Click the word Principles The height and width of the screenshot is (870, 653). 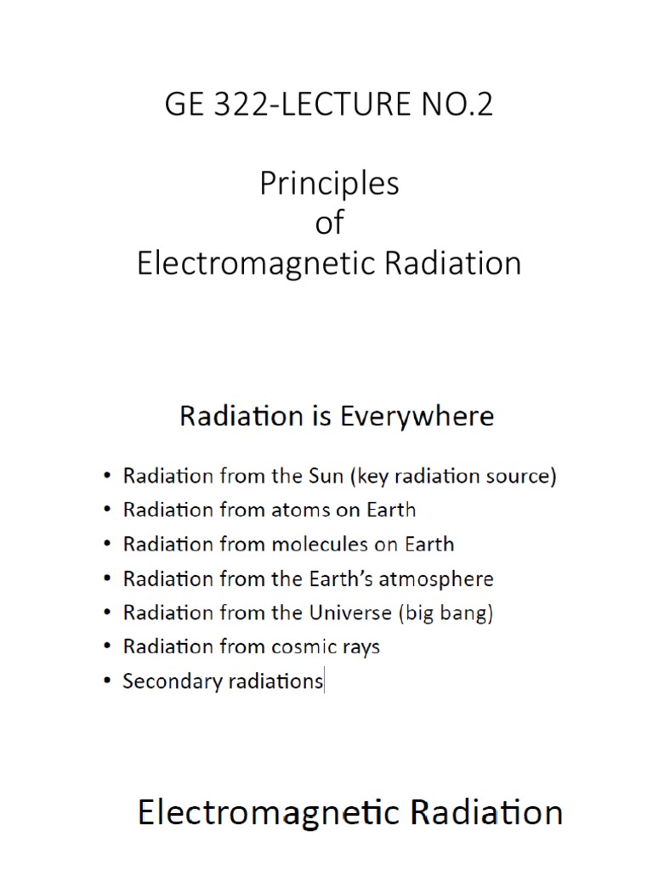pos(329,184)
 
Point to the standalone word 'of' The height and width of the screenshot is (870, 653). pos(329,223)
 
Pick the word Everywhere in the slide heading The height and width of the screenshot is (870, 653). pos(417,416)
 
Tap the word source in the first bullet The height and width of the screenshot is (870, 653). pos(521,476)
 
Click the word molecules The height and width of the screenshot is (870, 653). pos(324,544)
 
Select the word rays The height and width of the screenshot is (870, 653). pos(360,647)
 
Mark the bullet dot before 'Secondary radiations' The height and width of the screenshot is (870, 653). pos(105,681)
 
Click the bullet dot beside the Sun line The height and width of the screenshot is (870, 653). pos(105,476)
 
